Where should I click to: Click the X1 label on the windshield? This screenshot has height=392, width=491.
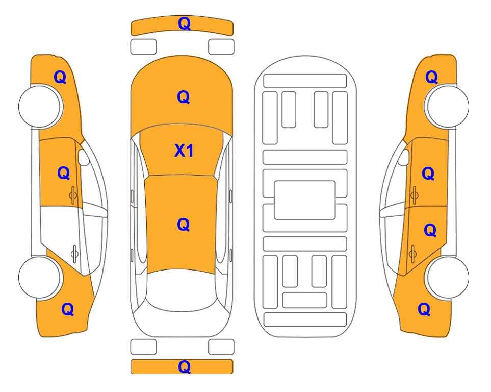184,151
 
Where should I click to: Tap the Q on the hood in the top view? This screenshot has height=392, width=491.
184,97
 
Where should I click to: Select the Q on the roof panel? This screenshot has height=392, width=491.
184,225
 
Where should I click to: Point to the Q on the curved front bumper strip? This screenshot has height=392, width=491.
185,23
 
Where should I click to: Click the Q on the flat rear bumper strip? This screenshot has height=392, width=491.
185,366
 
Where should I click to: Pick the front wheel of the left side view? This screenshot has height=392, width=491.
40,106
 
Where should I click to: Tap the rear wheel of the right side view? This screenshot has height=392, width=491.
447,278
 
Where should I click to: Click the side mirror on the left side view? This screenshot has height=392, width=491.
83,157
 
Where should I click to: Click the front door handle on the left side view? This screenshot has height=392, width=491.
73,195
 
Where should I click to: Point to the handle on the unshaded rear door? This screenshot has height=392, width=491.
74,253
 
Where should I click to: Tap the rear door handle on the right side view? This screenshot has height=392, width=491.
412,254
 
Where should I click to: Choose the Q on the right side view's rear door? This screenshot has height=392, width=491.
430,231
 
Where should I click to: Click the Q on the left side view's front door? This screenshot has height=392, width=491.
64,173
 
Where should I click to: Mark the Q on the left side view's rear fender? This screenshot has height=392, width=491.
68,309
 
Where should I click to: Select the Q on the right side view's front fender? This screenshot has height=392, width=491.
431,77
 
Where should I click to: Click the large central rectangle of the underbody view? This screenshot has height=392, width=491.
305,200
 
